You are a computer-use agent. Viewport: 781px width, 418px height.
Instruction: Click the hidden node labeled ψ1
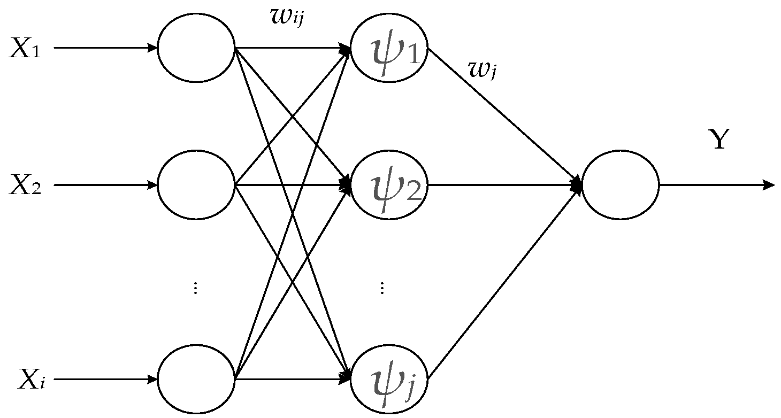(389, 48)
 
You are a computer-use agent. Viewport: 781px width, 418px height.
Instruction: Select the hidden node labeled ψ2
(389, 185)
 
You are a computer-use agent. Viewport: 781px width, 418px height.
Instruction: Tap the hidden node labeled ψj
(389, 379)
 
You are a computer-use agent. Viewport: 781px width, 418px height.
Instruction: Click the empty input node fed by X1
(196, 48)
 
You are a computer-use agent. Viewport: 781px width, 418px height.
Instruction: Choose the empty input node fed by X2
(196, 185)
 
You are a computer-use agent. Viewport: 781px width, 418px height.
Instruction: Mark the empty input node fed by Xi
(196, 379)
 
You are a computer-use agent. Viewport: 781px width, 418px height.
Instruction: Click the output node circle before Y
(621, 185)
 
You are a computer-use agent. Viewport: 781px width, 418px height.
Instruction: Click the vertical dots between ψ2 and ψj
(382, 289)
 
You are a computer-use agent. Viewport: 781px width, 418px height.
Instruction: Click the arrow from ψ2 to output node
(503, 185)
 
